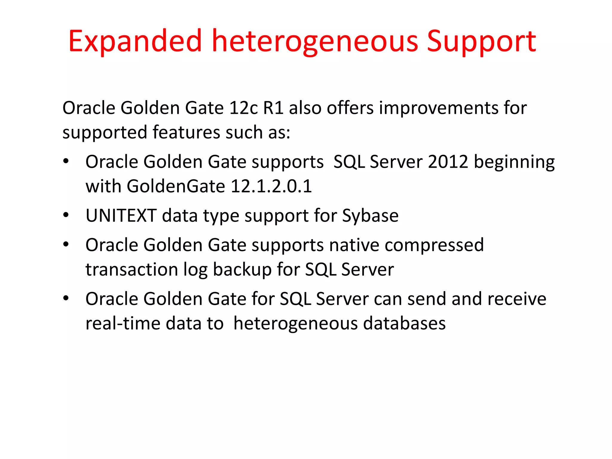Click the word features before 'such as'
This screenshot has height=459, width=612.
[186, 132]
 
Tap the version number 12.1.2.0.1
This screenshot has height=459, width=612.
[271, 186]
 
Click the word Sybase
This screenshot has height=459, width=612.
[370, 215]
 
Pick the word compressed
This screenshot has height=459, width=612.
[434, 245]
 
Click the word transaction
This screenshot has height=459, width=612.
[132, 270]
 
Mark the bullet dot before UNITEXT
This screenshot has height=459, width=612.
[66, 215]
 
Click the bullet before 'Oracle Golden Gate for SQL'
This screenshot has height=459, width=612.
[66, 298]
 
